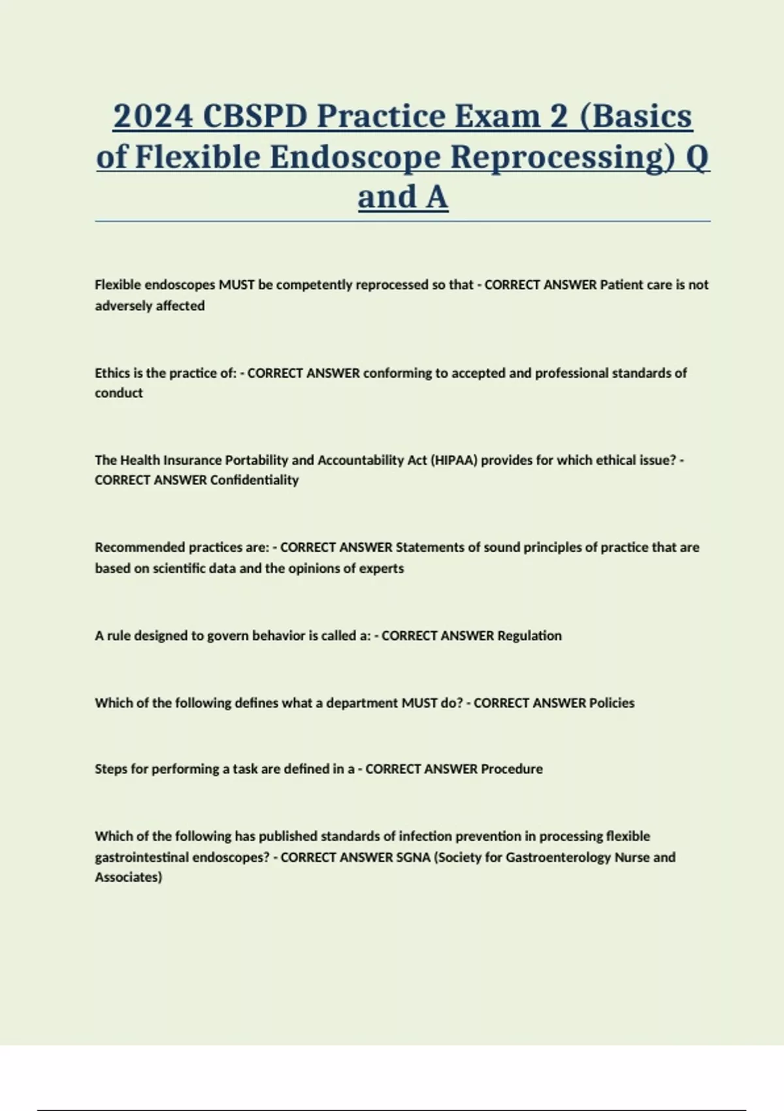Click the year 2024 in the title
[x=153, y=116]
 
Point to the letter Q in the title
[x=696, y=157]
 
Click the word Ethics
[x=112, y=373]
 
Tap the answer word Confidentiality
[x=255, y=480]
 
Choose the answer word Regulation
[x=529, y=636]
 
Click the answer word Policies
[x=612, y=703]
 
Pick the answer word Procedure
[x=512, y=769]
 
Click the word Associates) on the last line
[x=128, y=878]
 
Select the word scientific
[x=179, y=569]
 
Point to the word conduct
[x=118, y=393]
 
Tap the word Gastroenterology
[x=559, y=857]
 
